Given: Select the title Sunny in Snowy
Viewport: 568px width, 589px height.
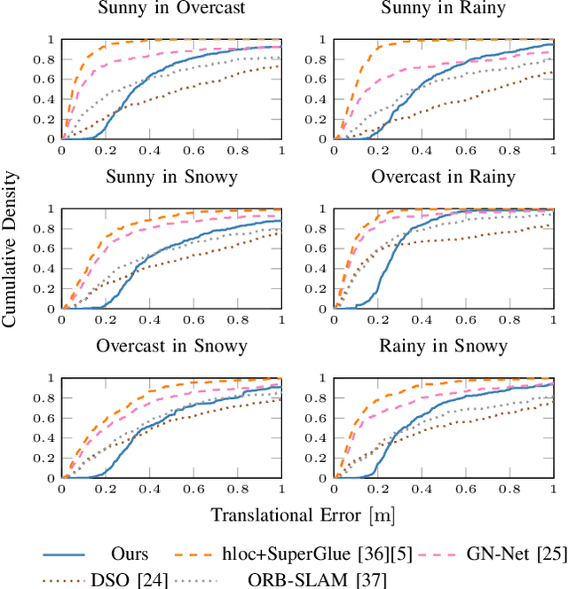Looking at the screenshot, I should (171, 177).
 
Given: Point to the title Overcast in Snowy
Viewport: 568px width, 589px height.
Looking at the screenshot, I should (171, 345).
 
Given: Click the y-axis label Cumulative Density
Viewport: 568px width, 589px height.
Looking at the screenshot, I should (10, 257).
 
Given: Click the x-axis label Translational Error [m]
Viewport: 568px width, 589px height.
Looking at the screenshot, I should (303, 514).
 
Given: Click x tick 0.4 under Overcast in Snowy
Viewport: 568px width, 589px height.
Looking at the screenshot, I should (149, 489).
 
